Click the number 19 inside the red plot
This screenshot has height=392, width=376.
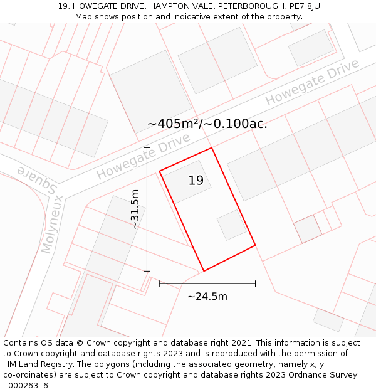click(x=196, y=181)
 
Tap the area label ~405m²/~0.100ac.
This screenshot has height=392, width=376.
click(x=207, y=124)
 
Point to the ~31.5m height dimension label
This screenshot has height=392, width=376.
click(x=135, y=209)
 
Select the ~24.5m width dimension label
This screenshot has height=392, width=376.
click(x=207, y=296)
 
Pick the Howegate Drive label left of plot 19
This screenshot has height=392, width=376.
click(x=143, y=157)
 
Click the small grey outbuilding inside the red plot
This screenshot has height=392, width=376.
click(x=232, y=225)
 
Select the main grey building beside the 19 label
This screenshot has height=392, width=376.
click(x=187, y=182)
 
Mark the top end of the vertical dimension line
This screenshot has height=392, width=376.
click(x=147, y=148)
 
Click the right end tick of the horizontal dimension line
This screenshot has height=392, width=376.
click(x=255, y=283)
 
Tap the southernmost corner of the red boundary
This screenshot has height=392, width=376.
click(x=204, y=271)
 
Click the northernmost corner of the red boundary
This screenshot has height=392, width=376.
click(x=212, y=148)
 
